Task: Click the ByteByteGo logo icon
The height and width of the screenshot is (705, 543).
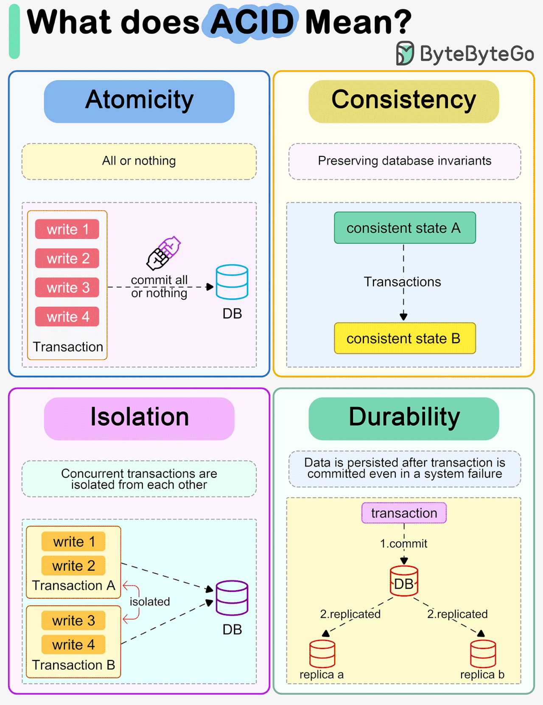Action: tap(405, 53)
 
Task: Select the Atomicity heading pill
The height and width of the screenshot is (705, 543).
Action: tap(139, 101)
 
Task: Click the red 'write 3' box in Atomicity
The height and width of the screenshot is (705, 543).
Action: tap(67, 288)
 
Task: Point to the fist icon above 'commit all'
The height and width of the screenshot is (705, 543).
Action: tap(164, 253)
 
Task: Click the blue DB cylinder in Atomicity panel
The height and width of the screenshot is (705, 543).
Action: tap(232, 282)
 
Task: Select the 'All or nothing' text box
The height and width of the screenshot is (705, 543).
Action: tap(139, 161)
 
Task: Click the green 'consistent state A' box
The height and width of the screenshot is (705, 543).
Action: tap(404, 228)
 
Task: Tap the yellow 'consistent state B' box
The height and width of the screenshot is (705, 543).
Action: tap(404, 338)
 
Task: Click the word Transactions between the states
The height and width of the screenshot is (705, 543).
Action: tap(403, 282)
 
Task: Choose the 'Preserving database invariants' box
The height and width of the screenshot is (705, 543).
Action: tap(404, 161)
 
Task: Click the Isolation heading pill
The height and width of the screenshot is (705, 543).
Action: tap(139, 418)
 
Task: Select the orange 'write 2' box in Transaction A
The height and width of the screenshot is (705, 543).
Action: tap(73, 566)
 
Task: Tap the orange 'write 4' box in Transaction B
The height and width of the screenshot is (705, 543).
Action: tap(73, 644)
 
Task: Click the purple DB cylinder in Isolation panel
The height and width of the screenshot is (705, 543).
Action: tap(232, 598)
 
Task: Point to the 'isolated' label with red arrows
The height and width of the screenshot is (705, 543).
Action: tap(149, 602)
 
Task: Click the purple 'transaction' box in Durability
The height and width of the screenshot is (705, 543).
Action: tap(404, 513)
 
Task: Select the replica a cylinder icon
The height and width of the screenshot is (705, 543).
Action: tap(322, 653)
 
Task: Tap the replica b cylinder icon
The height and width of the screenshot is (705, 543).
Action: tap(483, 653)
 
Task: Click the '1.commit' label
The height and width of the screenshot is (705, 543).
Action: tap(403, 544)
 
